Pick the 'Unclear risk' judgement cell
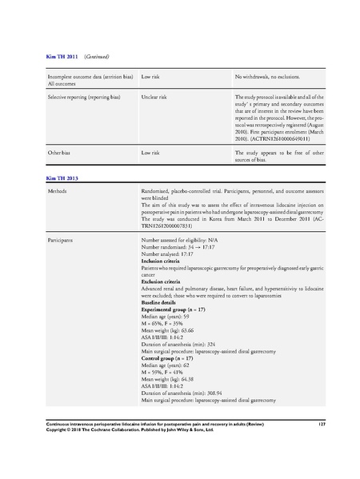click(x=154, y=95)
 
